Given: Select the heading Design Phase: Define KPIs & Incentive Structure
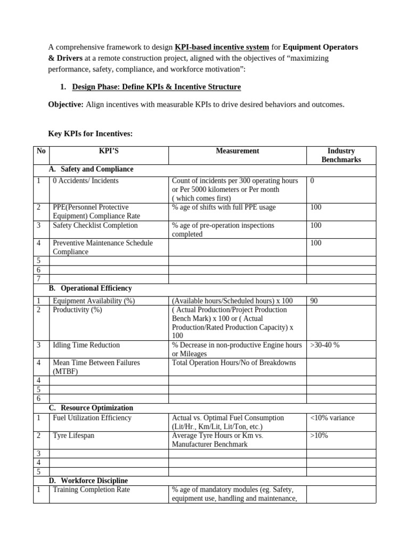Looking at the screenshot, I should (x=156, y=86).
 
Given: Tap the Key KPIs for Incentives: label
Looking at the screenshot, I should (x=89, y=134).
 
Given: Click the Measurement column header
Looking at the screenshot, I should (x=238, y=151).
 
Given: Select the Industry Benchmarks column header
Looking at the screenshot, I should (x=341, y=155).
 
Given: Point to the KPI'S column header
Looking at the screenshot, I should (x=109, y=151).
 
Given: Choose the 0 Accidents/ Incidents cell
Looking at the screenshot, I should (x=86, y=181).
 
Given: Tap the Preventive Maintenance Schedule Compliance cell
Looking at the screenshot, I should (x=102, y=247).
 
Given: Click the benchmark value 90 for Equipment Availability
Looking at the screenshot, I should (x=314, y=301).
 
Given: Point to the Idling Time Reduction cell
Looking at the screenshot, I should (x=86, y=345).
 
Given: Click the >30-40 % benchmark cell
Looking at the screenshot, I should (x=325, y=345).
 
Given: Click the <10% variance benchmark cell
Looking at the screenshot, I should (x=332, y=418).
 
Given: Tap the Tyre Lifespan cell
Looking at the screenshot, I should (x=73, y=436).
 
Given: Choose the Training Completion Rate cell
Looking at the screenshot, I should (x=91, y=489).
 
